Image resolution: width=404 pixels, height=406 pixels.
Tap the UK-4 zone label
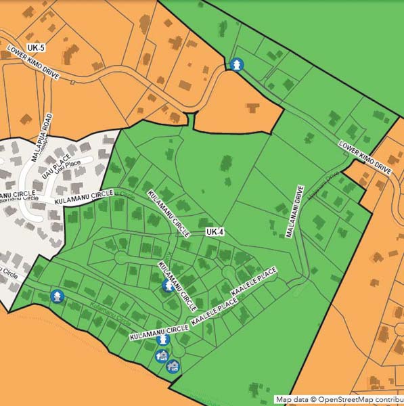[x=215, y=232]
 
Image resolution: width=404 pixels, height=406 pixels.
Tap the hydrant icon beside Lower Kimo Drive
[x=236, y=64]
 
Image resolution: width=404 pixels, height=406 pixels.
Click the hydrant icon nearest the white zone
[x=58, y=296]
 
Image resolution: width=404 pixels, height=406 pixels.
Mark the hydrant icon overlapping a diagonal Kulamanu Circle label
[x=167, y=286]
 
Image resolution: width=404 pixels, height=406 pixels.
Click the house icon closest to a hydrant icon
[x=162, y=355]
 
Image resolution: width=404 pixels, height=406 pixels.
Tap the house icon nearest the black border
[x=173, y=366]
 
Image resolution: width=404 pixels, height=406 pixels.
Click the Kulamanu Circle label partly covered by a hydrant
[x=173, y=280]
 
